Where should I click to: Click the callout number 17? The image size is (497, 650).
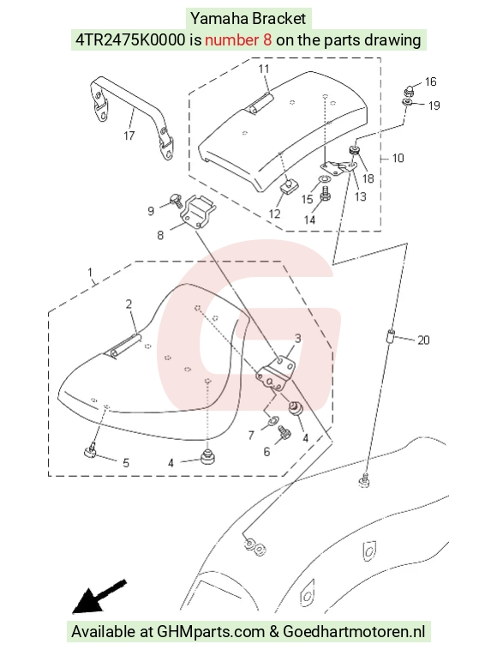coord(129,135)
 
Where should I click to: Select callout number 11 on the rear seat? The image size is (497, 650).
coord(264,69)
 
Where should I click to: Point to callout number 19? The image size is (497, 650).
coord(434,105)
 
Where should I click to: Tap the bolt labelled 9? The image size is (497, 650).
coord(175,201)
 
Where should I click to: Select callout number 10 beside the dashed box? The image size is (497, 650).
coord(398,158)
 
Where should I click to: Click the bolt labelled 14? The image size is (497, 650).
coord(325,194)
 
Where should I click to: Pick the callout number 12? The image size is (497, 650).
coord(274,214)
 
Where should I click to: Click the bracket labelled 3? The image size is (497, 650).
coord(276,373)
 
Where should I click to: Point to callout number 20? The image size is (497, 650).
coord(423,340)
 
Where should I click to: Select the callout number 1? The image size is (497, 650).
coord(90,273)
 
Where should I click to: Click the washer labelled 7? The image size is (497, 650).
coord(272,421)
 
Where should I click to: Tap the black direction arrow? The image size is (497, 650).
coord(99,596)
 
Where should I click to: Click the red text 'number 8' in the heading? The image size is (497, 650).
coord(238,39)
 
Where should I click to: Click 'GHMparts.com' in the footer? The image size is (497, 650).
coord(211,632)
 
